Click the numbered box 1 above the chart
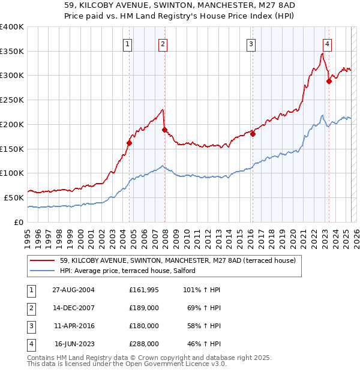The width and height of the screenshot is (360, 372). (x=128, y=43)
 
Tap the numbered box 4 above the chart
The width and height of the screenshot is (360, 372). (x=327, y=43)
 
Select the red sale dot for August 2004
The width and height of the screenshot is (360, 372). (x=130, y=143)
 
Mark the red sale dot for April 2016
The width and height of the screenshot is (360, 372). (x=253, y=134)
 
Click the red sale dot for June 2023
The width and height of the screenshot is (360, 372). (x=329, y=82)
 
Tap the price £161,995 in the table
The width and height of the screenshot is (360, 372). (x=143, y=290)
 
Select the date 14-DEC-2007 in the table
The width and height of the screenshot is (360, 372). (x=74, y=308)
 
